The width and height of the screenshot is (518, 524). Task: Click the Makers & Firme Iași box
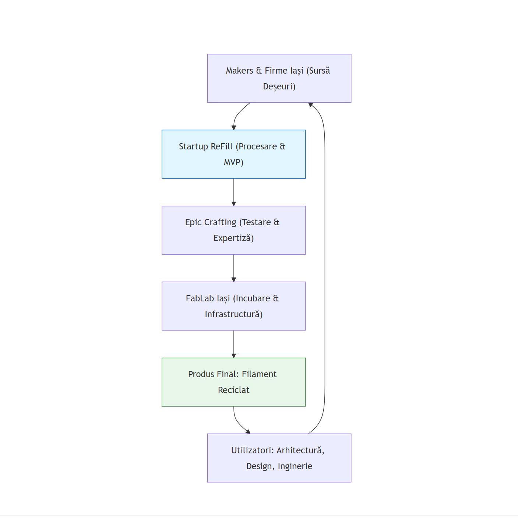pos(279,78)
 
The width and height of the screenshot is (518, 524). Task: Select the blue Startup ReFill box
pos(234,154)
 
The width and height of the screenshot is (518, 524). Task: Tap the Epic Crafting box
pos(234,230)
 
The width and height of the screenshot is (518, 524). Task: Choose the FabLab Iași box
pos(234,306)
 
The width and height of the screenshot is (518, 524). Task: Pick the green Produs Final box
pos(234,382)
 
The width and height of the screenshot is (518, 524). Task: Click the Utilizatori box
pos(279,458)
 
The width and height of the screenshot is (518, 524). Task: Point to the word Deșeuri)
pos(279,86)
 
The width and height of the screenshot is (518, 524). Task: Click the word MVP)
pos(234,162)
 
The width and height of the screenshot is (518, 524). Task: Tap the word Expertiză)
pos(234,238)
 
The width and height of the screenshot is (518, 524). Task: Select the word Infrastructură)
pos(234,314)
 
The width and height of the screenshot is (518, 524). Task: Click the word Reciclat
pos(234,390)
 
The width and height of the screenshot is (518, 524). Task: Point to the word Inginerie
pos(295,466)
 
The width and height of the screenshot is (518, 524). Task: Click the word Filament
pos(259,374)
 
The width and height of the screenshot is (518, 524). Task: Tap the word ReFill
pos(222,146)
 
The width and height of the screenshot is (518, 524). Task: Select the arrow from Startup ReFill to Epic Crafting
pos(234,192)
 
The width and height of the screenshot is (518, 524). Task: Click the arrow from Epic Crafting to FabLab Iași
pos(234,268)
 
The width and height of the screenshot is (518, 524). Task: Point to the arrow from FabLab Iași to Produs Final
pos(234,344)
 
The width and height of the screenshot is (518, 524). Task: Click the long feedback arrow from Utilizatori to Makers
pos(325,268)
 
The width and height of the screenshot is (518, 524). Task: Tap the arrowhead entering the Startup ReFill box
pos(234,128)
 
